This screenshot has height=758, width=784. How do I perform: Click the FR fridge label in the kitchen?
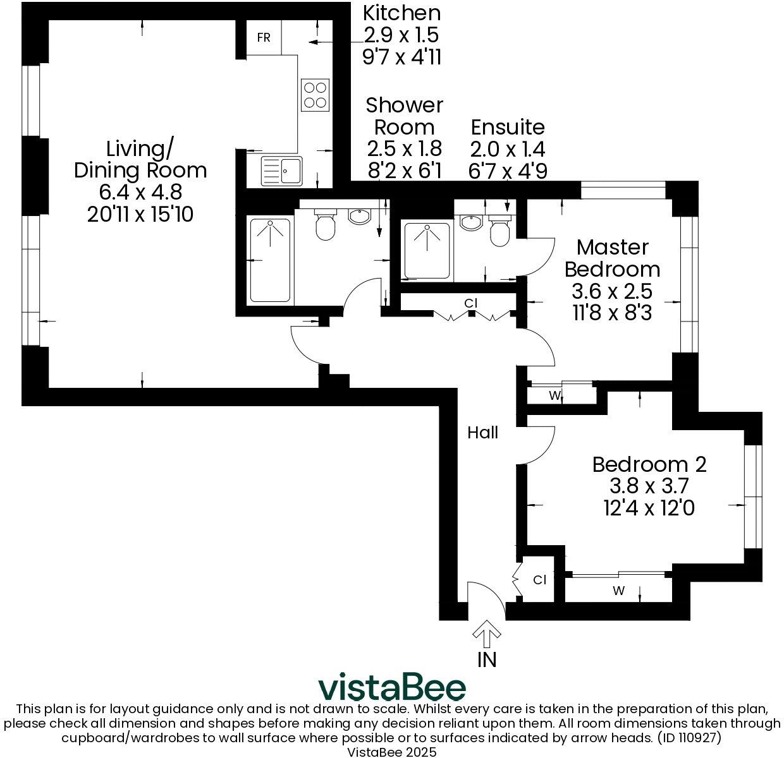click(264, 38)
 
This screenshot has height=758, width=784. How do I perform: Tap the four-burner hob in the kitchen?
click(314, 95)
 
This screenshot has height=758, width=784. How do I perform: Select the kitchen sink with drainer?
click(283, 171)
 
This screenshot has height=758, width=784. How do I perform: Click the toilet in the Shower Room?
click(325, 226)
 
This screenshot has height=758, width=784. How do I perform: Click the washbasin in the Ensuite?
click(470, 222)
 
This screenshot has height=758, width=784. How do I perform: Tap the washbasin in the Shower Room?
click(360, 217)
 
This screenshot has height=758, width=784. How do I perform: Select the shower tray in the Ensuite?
click(427, 251)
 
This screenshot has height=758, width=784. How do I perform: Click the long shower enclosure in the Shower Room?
click(270, 260)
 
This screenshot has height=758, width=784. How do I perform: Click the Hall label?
click(482, 433)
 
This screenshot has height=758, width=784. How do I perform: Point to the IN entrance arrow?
click(487, 634)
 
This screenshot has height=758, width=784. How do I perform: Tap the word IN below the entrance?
click(487, 659)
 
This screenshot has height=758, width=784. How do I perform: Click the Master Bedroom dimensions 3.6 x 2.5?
click(611, 291)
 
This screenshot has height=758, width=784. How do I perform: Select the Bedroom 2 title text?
click(649, 464)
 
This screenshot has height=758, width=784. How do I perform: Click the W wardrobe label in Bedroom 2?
click(618, 591)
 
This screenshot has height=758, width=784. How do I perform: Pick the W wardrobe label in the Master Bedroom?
click(554, 396)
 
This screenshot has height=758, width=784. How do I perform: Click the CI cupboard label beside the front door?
click(539, 579)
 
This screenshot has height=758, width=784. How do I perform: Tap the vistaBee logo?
click(391, 687)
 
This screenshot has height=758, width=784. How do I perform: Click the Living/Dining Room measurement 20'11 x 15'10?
click(140, 214)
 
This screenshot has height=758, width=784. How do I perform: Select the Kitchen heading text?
click(401, 13)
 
